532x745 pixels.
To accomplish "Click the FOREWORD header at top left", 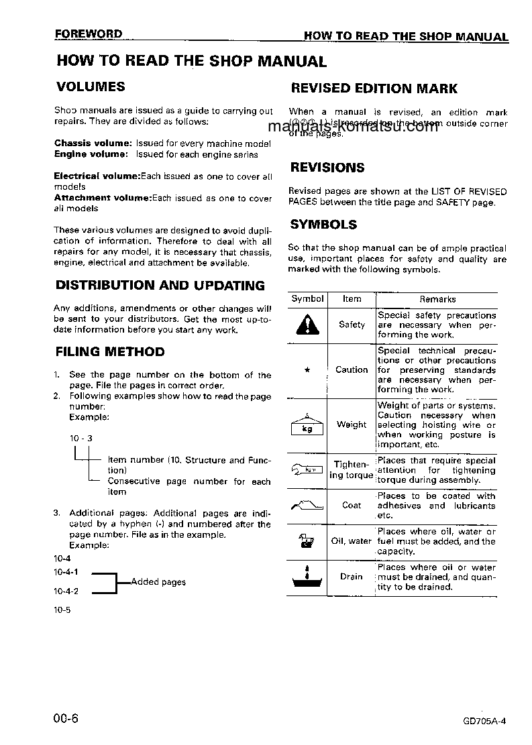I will click(89, 34).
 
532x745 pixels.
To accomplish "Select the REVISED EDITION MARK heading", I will click(374, 89).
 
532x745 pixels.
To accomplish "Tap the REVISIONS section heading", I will click(327, 168).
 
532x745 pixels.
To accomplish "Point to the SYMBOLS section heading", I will click(323, 225).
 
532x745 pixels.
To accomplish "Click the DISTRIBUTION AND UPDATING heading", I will click(160, 286).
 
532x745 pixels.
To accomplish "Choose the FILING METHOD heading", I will click(109, 351).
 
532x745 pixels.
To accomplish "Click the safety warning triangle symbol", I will click(307, 325).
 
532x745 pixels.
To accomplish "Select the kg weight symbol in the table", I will click(307, 425).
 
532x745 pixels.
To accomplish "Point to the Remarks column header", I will click(437, 299).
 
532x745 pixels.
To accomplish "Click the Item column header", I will click(352, 299).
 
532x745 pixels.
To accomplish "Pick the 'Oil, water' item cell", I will click(352, 541).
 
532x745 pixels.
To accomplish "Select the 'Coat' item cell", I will click(352, 506).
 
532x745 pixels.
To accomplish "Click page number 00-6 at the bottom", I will click(66, 719).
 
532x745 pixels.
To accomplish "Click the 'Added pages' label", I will click(158, 582).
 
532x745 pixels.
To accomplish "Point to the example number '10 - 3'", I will click(81, 439).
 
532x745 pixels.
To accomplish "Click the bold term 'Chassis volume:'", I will click(93, 144).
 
